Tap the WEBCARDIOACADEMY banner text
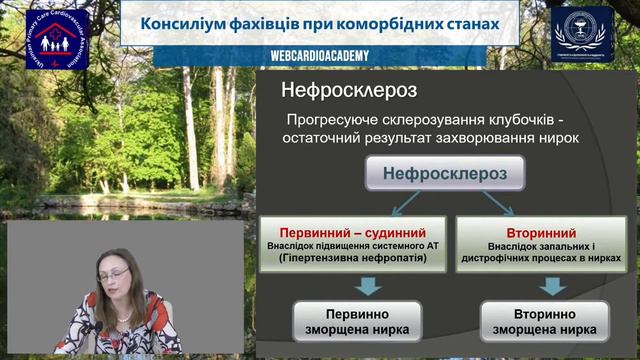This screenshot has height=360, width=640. pyautogui.click(x=320, y=57)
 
